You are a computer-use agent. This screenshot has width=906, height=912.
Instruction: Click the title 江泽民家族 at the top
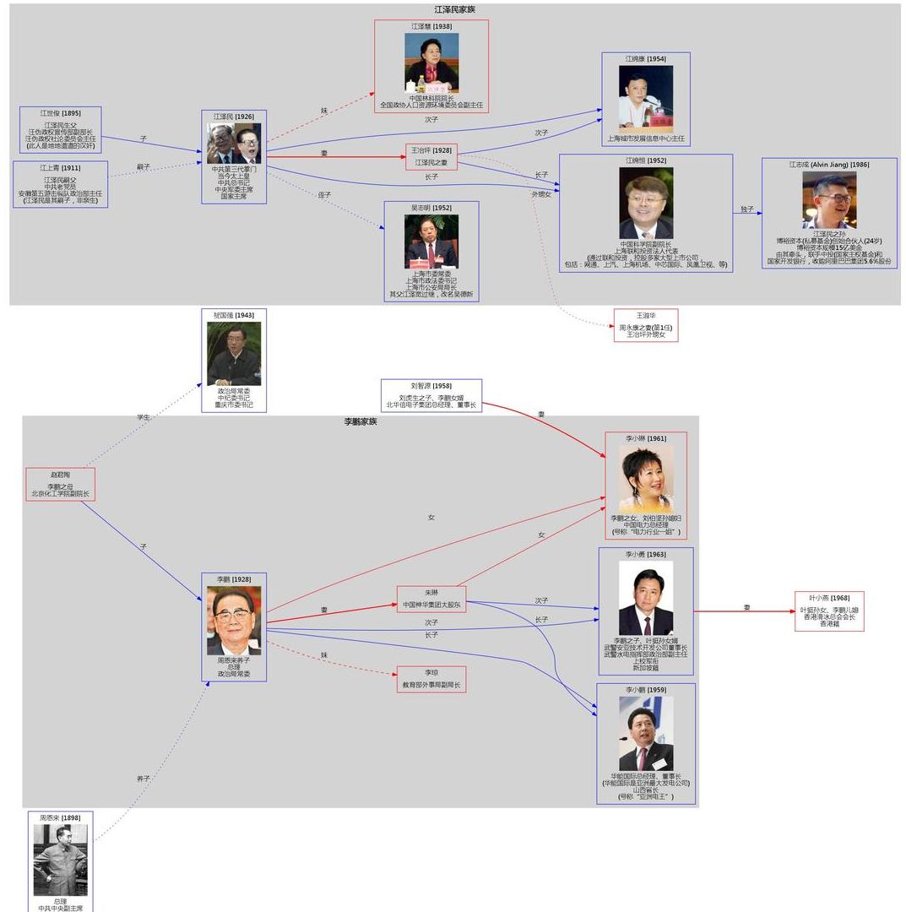tap(454, 9)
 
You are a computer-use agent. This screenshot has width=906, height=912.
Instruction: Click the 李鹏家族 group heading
tap(361, 421)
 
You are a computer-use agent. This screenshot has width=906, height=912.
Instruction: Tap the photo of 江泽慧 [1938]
tap(431, 62)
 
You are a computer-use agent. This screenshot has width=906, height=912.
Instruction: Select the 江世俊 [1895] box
tap(61, 129)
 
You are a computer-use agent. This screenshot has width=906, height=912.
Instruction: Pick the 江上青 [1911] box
tap(60, 184)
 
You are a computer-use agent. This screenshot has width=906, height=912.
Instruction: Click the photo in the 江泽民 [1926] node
tap(234, 144)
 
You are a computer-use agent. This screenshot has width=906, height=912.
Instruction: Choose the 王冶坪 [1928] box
tap(431, 156)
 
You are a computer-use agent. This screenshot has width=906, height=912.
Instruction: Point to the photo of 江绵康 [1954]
tap(646, 97)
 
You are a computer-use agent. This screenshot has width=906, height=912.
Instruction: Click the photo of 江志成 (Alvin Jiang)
tap(829, 199)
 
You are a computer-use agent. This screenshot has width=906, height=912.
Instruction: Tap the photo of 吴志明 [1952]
tap(431, 242)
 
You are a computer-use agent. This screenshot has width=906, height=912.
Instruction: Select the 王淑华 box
tap(646, 325)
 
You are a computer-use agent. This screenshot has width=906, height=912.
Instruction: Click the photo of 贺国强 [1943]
tap(234, 354)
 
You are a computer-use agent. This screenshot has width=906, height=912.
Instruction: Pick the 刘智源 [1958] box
tap(431, 395)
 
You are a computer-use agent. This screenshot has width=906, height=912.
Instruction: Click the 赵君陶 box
tap(60, 484)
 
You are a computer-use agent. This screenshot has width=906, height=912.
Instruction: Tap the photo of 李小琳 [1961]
tap(646, 479)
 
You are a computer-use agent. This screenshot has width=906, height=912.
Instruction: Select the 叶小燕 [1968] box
tap(829, 611)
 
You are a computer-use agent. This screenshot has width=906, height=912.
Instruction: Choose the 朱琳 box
tap(431, 599)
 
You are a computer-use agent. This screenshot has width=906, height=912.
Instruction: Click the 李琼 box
tap(431, 679)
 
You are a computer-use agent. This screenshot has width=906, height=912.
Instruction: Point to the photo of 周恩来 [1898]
tap(60, 860)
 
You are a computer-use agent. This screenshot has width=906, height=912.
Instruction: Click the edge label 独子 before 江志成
tap(746, 209)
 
